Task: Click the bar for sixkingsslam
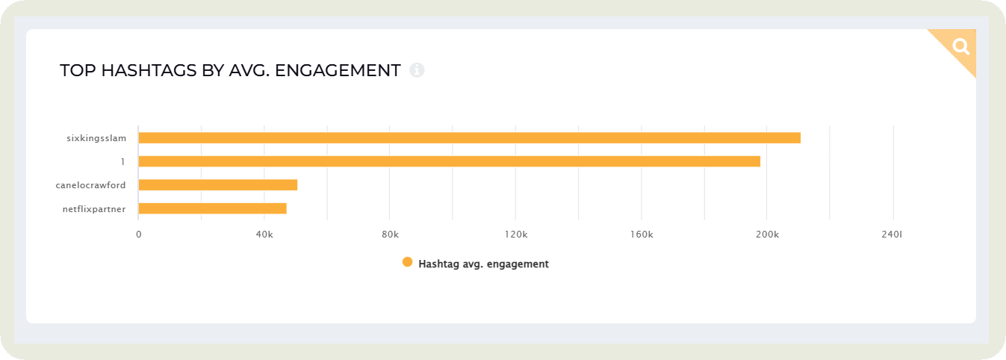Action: pyautogui.click(x=469, y=137)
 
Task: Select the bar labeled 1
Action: pyautogui.click(x=449, y=161)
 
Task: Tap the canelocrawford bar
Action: pyautogui.click(x=217, y=184)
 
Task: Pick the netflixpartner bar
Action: pyautogui.click(x=212, y=208)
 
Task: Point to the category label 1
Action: pyautogui.click(x=122, y=161)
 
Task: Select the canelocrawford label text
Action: pyautogui.click(x=90, y=185)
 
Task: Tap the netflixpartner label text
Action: pyautogui.click(x=93, y=209)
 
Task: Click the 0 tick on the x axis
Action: pyautogui.click(x=138, y=235)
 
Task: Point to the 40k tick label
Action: pyautogui.click(x=264, y=235)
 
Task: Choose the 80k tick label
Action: pyautogui.click(x=390, y=235)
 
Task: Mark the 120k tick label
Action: pyautogui.click(x=515, y=235)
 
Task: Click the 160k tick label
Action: pyautogui.click(x=642, y=235)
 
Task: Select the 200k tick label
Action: pyautogui.click(x=767, y=235)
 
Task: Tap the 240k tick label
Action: pyautogui.click(x=892, y=235)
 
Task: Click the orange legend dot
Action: pyautogui.click(x=407, y=262)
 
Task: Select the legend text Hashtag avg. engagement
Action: pyautogui.click(x=483, y=264)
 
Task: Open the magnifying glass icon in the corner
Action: pyautogui.click(x=960, y=46)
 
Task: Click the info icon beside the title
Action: pyautogui.click(x=417, y=70)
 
